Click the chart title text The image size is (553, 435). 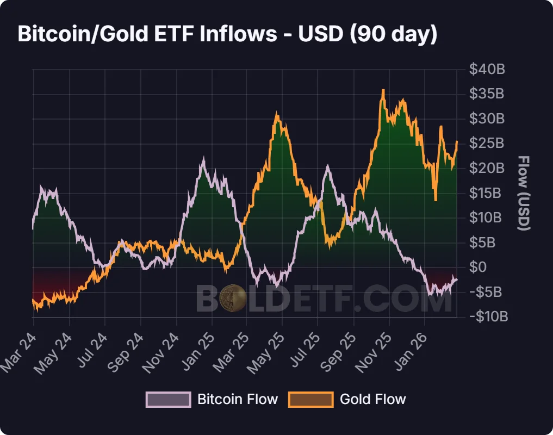(227, 34)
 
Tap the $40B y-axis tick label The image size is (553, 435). (487, 70)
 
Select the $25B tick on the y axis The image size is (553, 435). (487, 144)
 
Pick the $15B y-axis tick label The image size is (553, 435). (487, 193)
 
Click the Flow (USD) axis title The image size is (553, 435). (523, 193)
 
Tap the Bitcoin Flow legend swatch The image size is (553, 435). (168, 399)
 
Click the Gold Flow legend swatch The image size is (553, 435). (310, 399)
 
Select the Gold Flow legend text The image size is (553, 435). (372, 399)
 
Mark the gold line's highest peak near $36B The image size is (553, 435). (383, 90)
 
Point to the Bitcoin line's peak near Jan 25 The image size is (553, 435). (203, 159)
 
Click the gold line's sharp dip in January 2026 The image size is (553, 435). (436, 200)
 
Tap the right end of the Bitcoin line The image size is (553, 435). (457, 279)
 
